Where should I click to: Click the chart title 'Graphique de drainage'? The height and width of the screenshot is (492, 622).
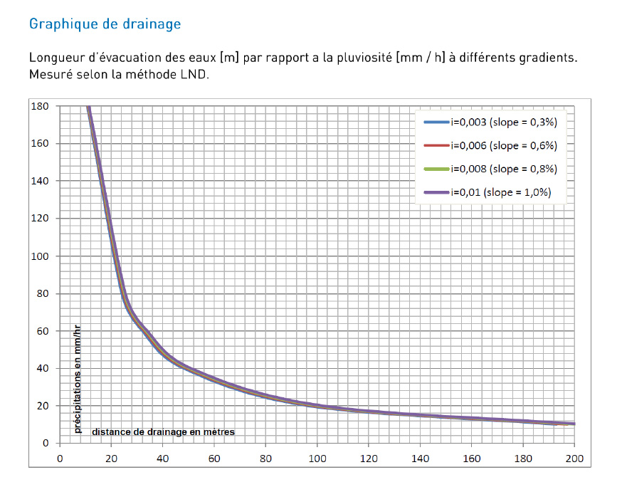click(105, 24)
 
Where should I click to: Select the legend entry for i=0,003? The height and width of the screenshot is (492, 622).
click(502, 122)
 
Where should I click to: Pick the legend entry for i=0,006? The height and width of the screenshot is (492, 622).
click(502, 145)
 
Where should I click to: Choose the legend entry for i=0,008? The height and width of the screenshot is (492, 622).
click(502, 169)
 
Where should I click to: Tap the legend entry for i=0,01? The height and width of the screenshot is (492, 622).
click(500, 192)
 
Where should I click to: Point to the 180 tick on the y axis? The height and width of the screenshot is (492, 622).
click(40, 106)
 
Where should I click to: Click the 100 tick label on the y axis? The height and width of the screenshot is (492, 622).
click(40, 256)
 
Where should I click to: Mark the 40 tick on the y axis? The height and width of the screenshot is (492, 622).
click(43, 368)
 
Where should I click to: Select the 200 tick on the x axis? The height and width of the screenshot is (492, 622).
click(574, 458)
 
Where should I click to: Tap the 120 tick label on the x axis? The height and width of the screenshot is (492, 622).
click(369, 458)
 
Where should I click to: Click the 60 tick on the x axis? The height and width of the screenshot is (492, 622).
click(214, 458)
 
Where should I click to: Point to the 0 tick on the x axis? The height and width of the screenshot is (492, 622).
click(60, 458)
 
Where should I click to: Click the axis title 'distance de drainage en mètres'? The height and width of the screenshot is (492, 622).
click(163, 431)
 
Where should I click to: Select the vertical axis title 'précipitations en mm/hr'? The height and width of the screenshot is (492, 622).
click(78, 377)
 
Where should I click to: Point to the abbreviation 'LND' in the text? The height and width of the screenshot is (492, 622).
click(193, 75)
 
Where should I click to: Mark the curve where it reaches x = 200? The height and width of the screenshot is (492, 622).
click(574, 424)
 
